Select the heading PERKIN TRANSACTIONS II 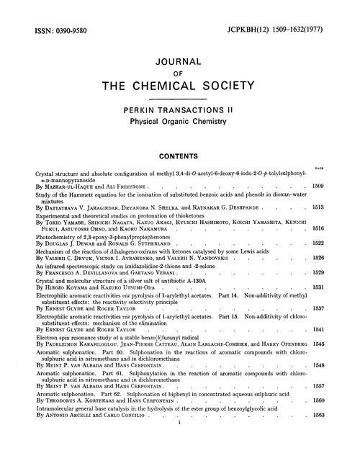(180, 106)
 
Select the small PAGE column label (338, 164)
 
